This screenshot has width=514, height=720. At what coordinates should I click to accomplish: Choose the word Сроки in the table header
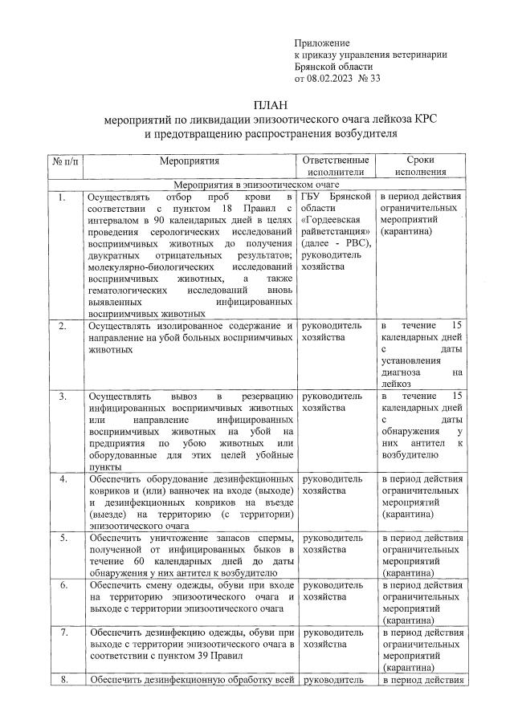click(x=421, y=161)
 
